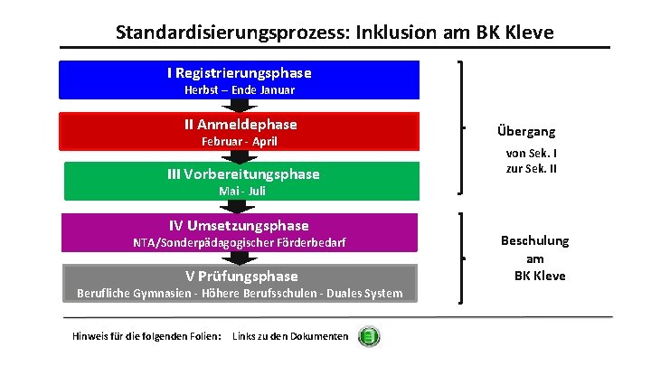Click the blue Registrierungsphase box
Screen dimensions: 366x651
click(x=239, y=80)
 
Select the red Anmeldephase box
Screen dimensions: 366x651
click(x=239, y=131)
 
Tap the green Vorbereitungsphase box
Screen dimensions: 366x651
click(x=239, y=181)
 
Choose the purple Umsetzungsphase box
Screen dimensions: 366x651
click(x=239, y=232)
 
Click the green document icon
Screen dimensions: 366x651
click(x=369, y=337)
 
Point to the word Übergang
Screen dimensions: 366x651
click(x=525, y=131)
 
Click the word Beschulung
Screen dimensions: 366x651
click(x=535, y=240)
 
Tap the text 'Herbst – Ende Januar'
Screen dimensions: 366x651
click(x=239, y=90)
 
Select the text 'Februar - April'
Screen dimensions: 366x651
click(x=239, y=142)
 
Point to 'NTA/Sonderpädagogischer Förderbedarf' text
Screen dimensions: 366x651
click(x=239, y=243)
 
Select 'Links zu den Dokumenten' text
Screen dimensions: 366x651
click(x=290, y=337)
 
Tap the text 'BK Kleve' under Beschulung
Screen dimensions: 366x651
click(x=540, y=276)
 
